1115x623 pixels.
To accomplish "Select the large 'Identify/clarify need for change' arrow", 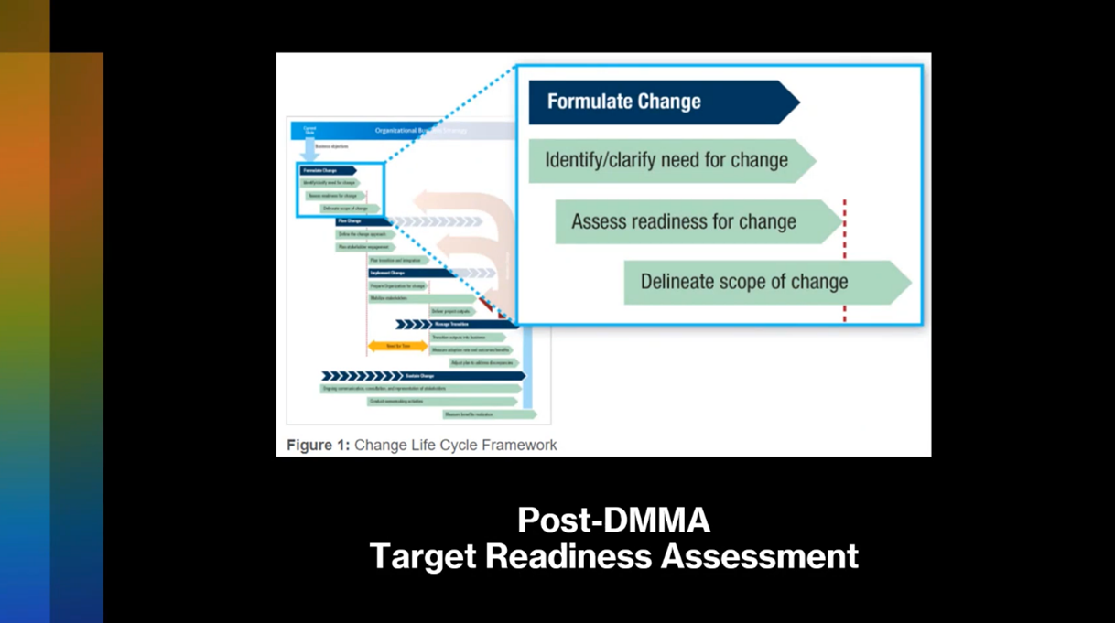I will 666,161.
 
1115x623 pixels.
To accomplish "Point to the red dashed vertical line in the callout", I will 844,261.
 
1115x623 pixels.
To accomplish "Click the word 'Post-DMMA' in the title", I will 613,521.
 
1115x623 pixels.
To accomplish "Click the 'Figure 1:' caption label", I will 318,446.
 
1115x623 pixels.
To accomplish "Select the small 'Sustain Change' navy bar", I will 424,376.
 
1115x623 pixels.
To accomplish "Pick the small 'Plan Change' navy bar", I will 362,221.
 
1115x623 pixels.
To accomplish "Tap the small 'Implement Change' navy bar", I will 407,273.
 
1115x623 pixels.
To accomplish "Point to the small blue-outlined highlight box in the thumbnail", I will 341,190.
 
